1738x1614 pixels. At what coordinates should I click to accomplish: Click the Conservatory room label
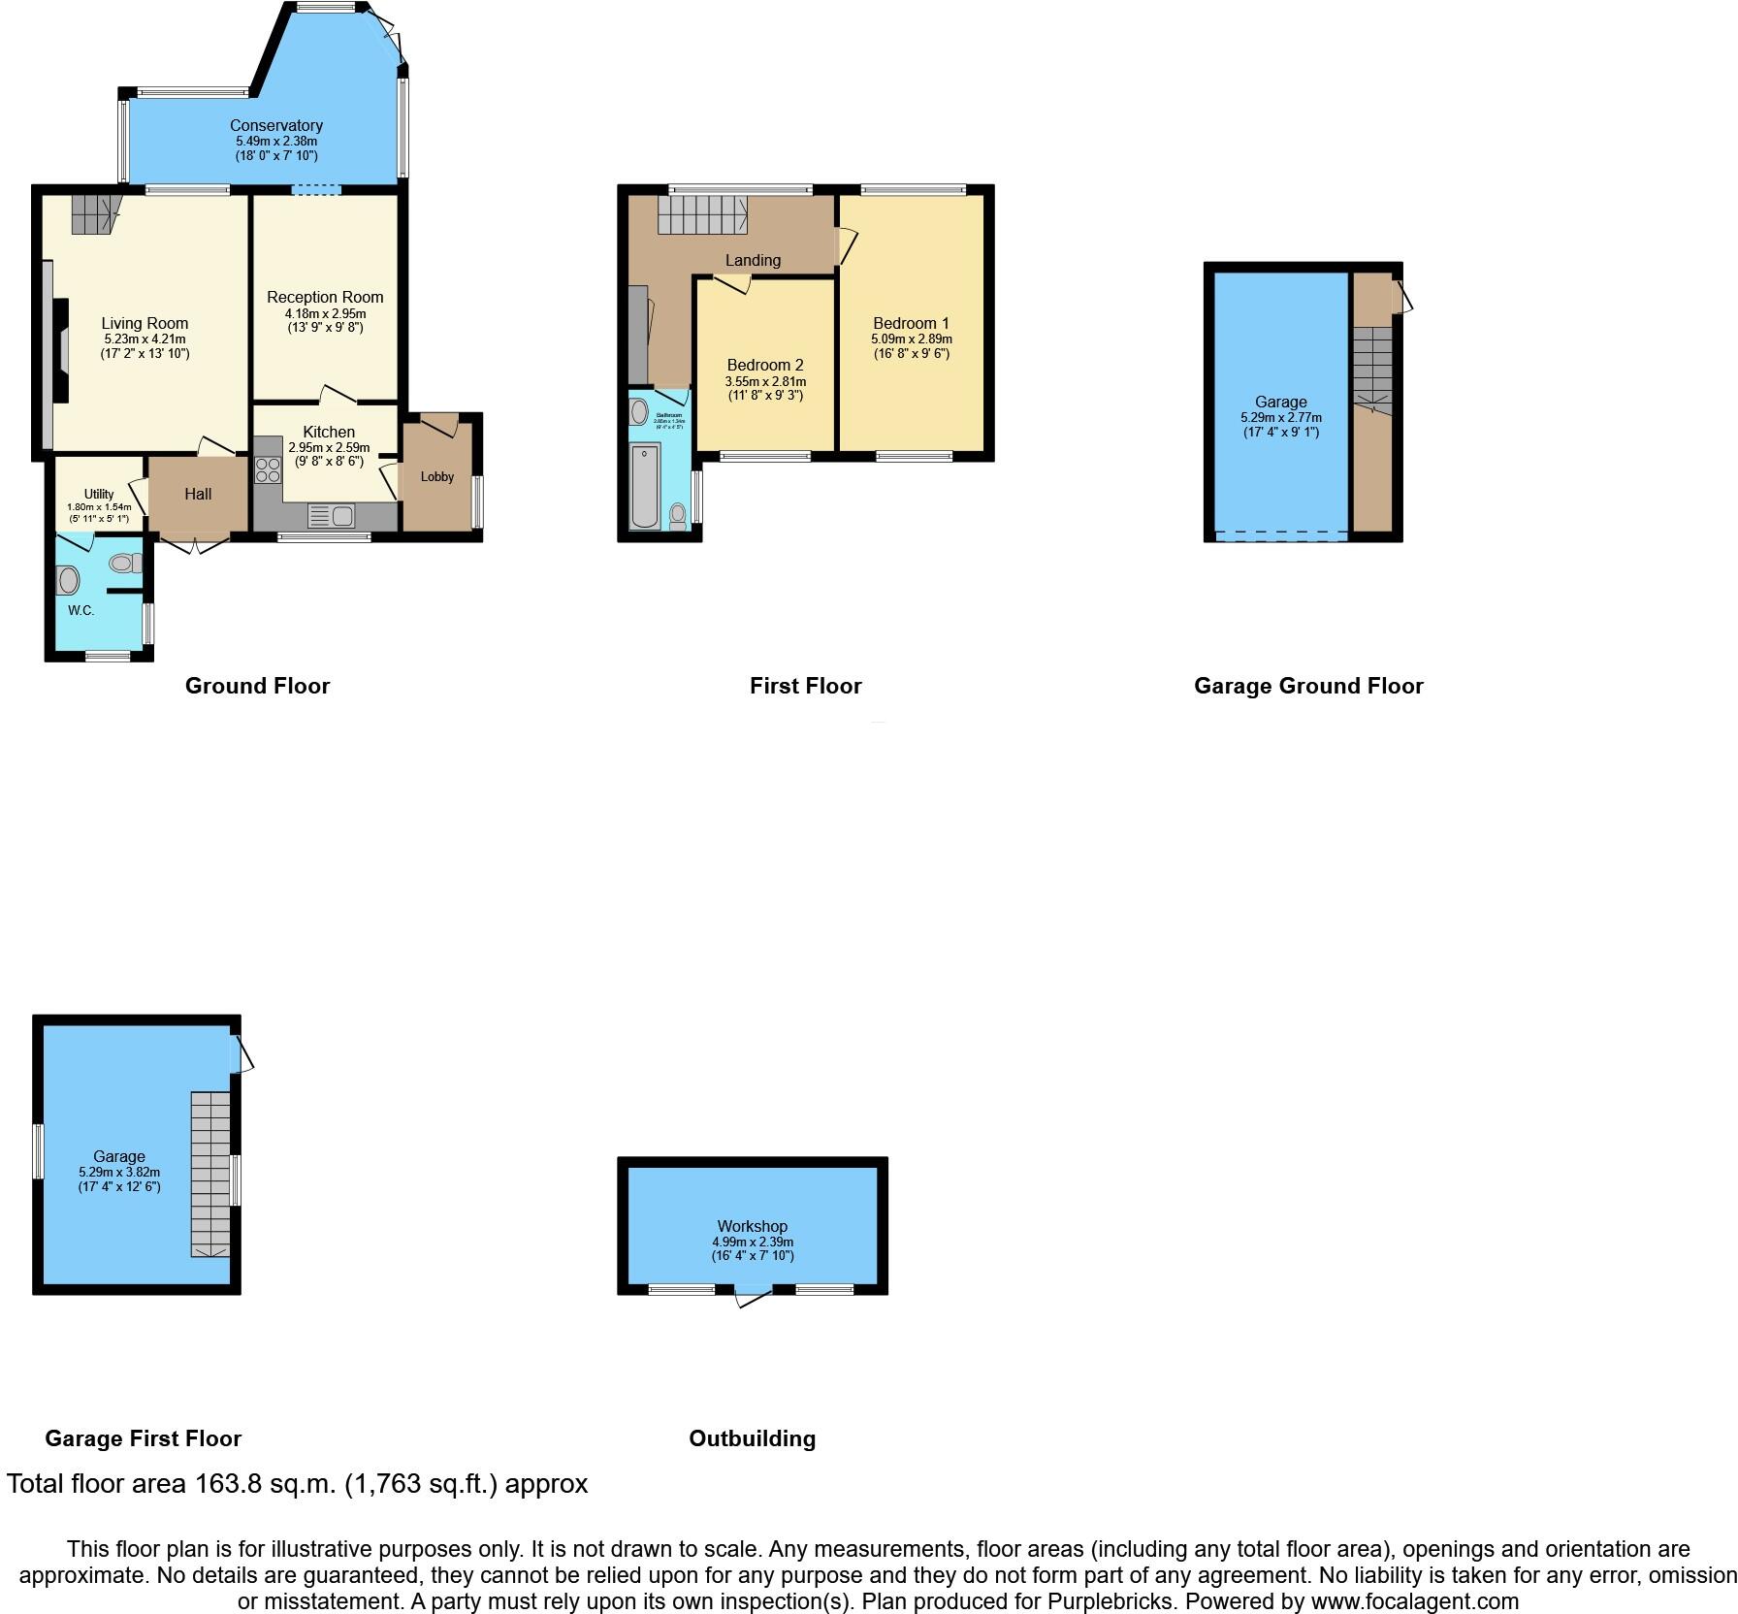[275, 125]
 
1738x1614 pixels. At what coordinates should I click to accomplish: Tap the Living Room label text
[145, 324]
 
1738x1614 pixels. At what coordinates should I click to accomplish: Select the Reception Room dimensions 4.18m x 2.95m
[325, 313]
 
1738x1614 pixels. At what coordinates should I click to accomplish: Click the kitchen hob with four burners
[268, 469]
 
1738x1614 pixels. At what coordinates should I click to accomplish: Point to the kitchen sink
[331, 516]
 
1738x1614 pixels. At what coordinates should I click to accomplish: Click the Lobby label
[437, 476]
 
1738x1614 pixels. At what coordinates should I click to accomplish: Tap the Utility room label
[99, 494]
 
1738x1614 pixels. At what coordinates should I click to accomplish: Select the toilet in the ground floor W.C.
[125, 563]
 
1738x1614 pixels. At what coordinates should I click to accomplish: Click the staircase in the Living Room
[93, 213]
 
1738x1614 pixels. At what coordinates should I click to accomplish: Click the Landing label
[753, 260]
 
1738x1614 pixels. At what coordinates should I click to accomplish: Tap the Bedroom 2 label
[765, 366]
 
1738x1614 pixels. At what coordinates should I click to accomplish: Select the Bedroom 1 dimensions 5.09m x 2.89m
[912, 339]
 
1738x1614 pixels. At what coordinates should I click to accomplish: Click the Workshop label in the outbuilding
[753, 1226]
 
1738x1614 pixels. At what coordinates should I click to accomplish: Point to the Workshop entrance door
[754, 1294]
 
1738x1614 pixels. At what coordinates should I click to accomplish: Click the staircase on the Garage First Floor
[210, 1174]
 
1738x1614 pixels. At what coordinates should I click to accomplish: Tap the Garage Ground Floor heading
[1308, 686]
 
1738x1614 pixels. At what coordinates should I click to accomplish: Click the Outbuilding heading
[752, 1438]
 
